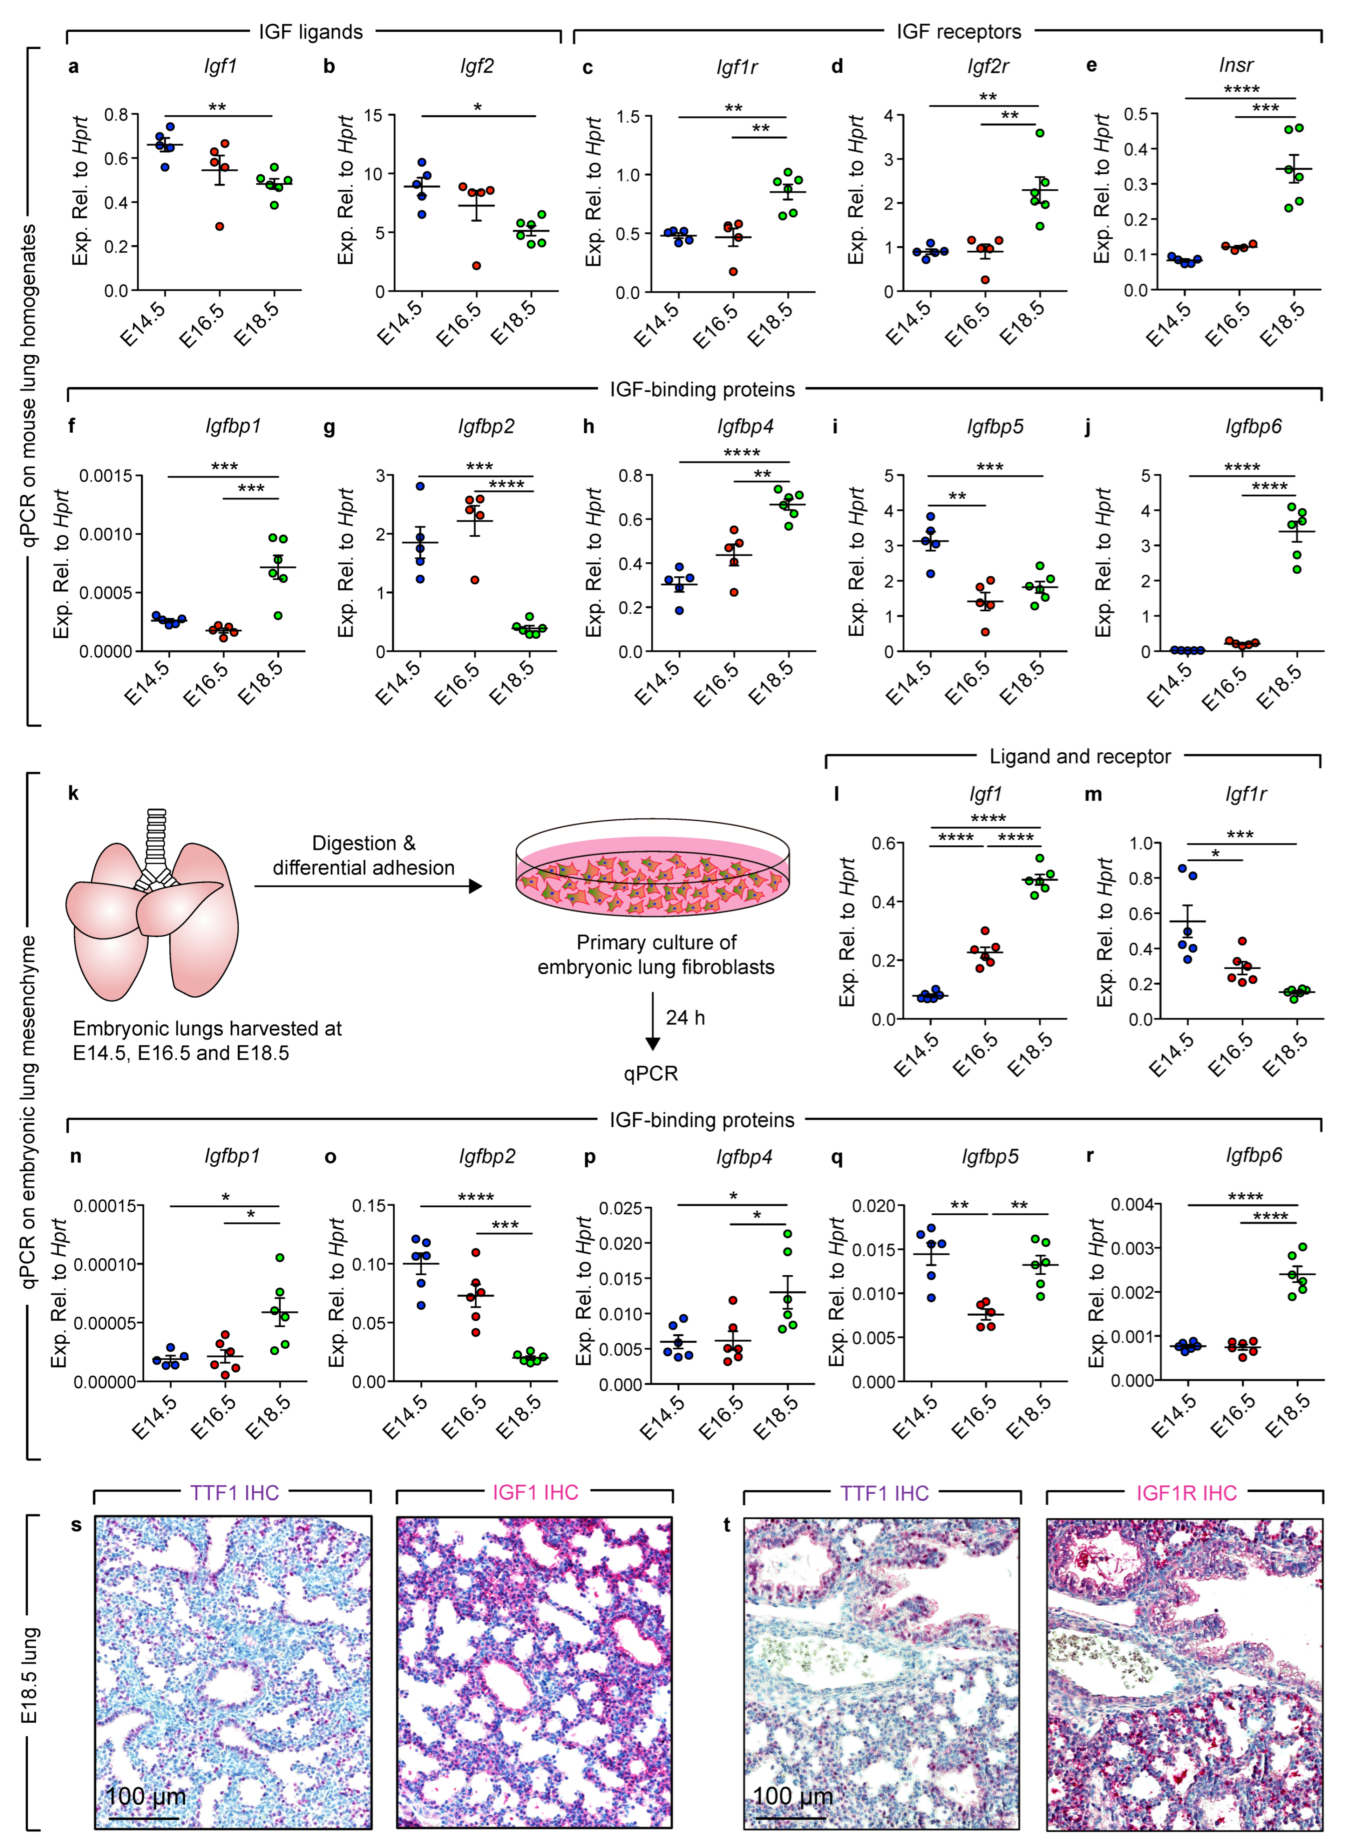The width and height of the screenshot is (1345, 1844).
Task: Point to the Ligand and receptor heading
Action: (x=1080, y=756)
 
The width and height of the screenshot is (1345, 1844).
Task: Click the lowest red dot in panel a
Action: (x=219, y=226)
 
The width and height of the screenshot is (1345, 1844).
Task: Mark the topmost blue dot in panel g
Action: (x=420, y=486)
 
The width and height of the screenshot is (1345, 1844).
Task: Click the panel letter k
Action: (x=73, y=793)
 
